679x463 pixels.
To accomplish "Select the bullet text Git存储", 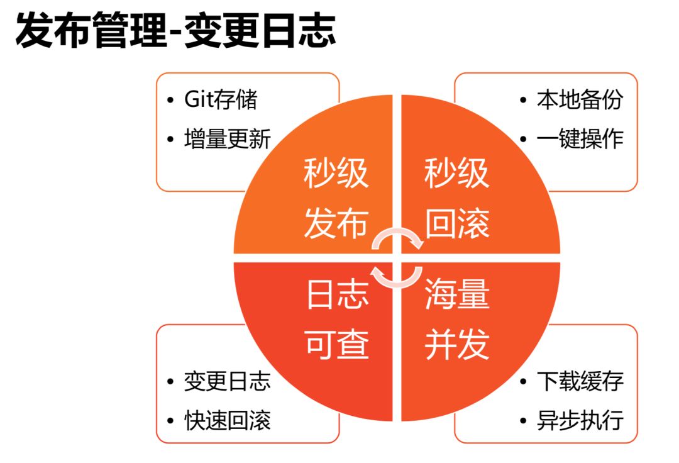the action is pyautogui.click(x=221, y=100).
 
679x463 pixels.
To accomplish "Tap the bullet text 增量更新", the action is pyautogui.click(x=227, y=138).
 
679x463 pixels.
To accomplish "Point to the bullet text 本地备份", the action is pyautogui.click(x=579, y=100).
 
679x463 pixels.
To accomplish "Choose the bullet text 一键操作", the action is pyautogui.click(x=579, y=138).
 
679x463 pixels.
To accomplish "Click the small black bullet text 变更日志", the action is pyautogui.click(x=227, y=381).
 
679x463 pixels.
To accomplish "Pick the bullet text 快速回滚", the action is pyautogui.click(x=227, y=420).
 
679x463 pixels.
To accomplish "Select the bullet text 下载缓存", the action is pyautogui.click(x=579, y=381).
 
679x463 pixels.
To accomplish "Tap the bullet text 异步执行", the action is pyautogui.click(x=579, y=420).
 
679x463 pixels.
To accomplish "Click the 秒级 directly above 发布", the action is pyautogui.click(x=336, y=174).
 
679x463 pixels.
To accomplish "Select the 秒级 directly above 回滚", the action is pyautogui.click(x=457, y=174).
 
